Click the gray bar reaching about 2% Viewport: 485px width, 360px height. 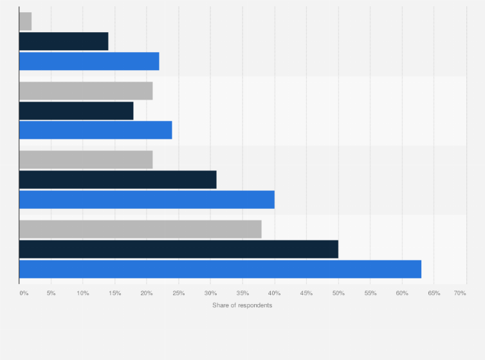click(25, 21)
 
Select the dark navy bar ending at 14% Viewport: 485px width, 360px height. click(64, 41)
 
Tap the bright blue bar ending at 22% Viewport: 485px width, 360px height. click(89, 61)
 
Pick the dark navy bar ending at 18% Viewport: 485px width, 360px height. click(76, 111)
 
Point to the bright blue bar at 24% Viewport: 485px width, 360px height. click(95, 130)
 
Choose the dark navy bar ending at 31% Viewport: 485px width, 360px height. click(118, 179)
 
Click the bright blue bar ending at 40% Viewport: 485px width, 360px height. click(147, 199)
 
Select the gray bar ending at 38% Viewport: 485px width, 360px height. click(140, 229)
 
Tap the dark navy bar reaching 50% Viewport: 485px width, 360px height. click(178, 249)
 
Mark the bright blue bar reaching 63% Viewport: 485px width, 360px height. click(220, 269)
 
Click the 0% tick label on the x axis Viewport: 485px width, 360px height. click(24, 293)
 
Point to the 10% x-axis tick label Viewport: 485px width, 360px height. click(83, 293)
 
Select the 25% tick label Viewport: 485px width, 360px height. click(179, 293)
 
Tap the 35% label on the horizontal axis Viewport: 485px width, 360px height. click(243, 293)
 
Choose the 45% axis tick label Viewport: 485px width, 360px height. click(306, 293)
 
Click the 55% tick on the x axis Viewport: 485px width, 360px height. click(370, 293)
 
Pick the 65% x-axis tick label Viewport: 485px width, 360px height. click(434, 293)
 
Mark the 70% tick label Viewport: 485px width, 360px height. click(460, 293)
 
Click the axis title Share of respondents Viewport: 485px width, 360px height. click(242, 305)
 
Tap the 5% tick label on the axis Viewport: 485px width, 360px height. click(51, 293)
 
